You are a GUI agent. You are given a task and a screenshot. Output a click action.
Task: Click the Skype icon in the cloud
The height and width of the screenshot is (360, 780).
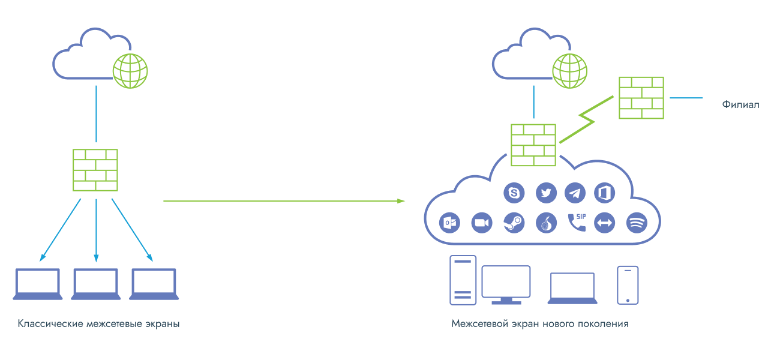pos(514,193)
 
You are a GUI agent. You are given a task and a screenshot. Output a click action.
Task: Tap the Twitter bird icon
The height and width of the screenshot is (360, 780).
pos(546,193)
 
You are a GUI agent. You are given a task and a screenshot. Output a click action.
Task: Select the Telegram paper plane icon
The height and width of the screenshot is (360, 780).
pos(575,193)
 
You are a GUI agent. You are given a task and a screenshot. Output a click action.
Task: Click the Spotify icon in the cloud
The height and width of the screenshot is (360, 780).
pos(637,223)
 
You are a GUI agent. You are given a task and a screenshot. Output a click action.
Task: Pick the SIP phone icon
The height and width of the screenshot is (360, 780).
pos(577,223)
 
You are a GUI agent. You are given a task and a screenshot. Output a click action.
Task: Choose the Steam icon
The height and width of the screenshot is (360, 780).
pos(514,223)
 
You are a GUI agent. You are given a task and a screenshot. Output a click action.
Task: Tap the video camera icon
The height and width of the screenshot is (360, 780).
pos(482,223)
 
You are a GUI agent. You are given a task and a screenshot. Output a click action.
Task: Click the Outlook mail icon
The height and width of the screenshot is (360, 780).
pos(449,223)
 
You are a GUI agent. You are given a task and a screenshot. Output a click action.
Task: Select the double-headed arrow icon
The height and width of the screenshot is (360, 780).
pos(605,223)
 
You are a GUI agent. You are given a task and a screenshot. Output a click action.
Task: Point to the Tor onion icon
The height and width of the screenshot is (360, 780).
pos(546,223)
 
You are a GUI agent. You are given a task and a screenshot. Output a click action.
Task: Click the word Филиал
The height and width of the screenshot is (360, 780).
pos(740,104)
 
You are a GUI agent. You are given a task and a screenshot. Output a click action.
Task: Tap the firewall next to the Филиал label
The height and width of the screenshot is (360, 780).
pos(641,98)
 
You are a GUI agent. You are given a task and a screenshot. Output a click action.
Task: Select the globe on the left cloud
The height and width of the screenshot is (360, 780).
pos(130,71)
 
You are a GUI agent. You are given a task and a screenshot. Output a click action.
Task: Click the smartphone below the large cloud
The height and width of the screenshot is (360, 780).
pos(628,286)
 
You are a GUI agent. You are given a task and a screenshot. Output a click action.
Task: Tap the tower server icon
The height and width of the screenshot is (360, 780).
pos(463,280)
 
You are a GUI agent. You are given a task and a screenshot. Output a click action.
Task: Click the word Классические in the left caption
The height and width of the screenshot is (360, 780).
pos(50,324)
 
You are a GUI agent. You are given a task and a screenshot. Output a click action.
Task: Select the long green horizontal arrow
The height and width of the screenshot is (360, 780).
pos(284,201)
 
